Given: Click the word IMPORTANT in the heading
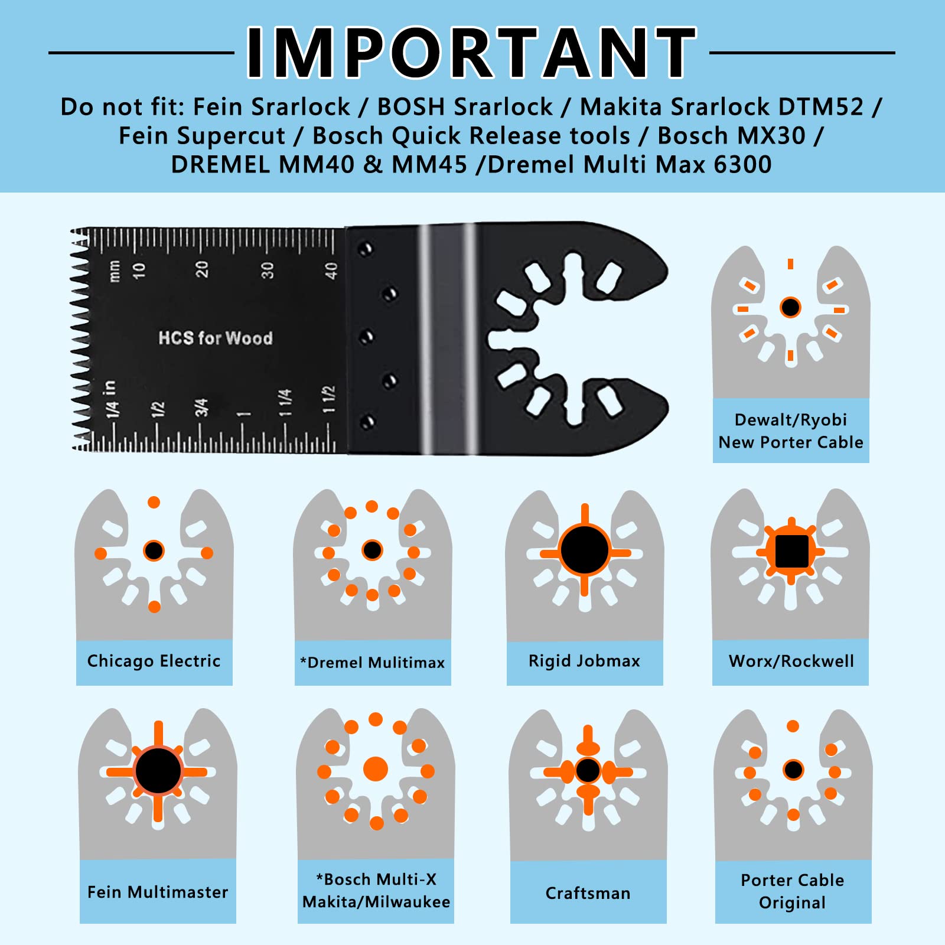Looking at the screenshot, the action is click(x=471, y=53).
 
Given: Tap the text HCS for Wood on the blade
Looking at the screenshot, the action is click(x=216, y=338).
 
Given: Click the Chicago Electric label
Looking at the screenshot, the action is click(x=154, y=661).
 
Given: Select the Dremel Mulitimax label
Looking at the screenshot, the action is click(x=373, y=663).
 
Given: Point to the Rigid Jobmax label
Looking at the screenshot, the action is click(x=585, y=661).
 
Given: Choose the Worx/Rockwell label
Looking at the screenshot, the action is click(x=791, y=661).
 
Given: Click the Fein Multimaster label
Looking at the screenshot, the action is click(x=158, y=892).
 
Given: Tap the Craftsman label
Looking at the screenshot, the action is click(x=588, y=893).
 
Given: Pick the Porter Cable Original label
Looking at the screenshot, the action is click(x=793, y=891).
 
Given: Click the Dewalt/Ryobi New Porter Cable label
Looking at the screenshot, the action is click(x=791, y=431).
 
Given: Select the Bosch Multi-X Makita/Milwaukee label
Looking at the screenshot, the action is click(x=376, y=891).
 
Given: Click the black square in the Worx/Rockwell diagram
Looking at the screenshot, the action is click(x=791, y=551).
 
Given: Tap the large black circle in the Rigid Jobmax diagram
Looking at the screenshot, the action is click(x=585, y=550).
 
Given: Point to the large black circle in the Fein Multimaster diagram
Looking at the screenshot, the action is click(x=158, y=770).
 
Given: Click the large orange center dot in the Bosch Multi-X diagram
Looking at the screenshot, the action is click(x=376, y=769).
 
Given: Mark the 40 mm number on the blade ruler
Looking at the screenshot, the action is click(x=331, y=271).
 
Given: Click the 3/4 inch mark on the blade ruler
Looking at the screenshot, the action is click(x=201, y=408).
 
